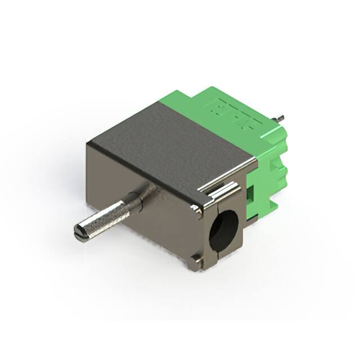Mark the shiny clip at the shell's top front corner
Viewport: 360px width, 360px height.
coord(196,209)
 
